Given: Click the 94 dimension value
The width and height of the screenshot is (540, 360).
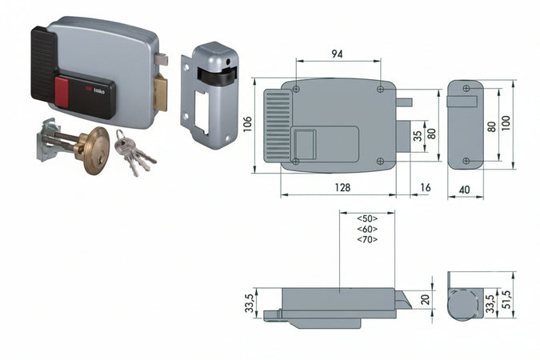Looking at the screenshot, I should (x=338, y=54).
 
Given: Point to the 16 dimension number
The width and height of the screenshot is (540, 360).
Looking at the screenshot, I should (x=424, y=187).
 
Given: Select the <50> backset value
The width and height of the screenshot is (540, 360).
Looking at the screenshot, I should (x=367, y=218).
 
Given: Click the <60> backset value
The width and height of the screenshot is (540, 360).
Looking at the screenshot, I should (x=367, y=229).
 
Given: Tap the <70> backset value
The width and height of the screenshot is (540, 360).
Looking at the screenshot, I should (x=367, y=239).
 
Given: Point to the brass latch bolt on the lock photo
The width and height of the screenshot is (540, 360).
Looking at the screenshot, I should (x=161, y=91).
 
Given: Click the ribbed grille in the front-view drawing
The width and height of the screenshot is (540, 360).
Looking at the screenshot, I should (x=276, y=125).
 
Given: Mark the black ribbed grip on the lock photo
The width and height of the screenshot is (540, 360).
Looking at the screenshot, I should (x=43, y=64).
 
